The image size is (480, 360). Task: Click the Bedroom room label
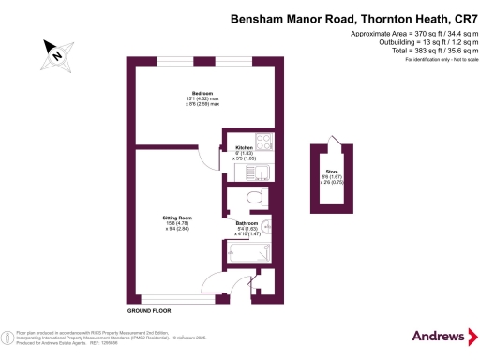coord(202,93)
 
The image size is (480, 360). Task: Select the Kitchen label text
coord(244,148)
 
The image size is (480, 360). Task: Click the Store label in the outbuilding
coord(331,172)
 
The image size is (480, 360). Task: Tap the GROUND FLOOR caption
coord(150,309)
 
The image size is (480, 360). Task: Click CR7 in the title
coord(454,19)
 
